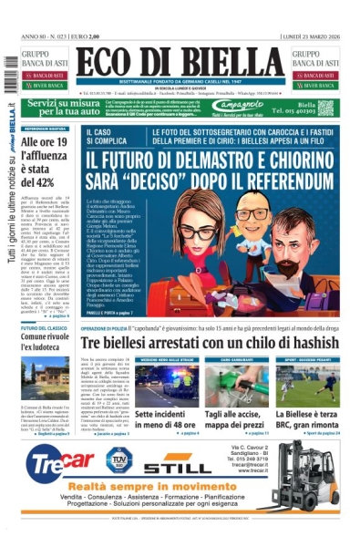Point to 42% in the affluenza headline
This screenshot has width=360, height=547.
click(x=41, y=181)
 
